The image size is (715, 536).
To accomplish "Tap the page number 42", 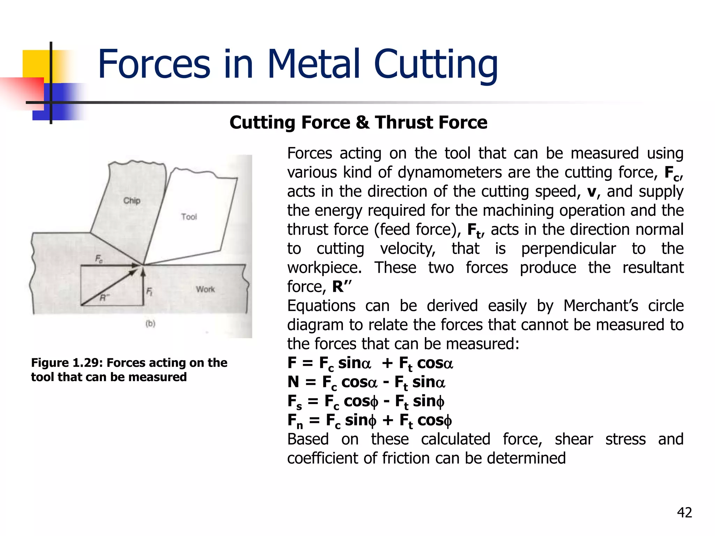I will (x=684, y=513).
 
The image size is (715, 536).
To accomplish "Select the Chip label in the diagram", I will (x=132, y=201).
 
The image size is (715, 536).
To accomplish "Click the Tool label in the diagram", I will (x=189, y=217).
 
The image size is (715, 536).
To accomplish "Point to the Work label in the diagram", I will (x=205, y=289).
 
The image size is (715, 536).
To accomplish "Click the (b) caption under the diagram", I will (x=150, y=323).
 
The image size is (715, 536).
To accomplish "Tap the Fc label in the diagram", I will (x=99, y=259).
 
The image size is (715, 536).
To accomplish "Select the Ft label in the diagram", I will (x=149, y=291).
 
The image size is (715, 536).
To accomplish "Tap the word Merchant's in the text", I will (x=600, y=306).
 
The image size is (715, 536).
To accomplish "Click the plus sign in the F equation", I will (x=387, y=363).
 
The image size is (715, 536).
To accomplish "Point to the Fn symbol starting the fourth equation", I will (x=295, y=421).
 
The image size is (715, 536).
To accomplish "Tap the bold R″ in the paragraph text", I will (x=341, y=286).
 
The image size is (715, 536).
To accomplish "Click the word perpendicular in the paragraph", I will (x=568, y=249).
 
